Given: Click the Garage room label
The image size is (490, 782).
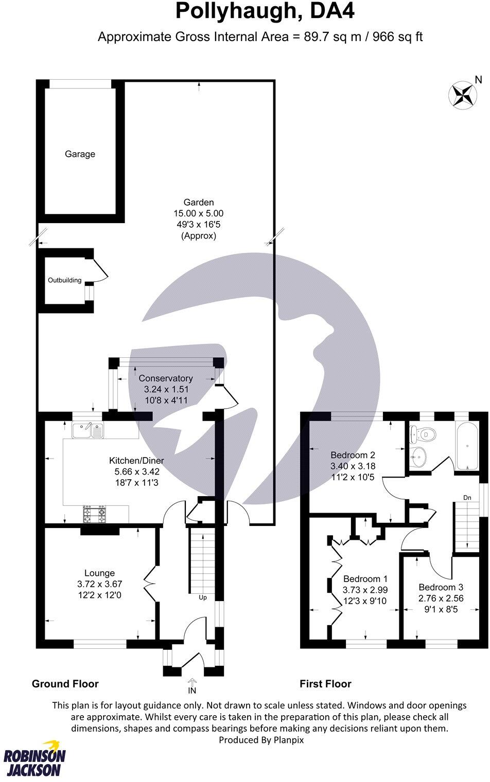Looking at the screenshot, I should [x=80, y=154].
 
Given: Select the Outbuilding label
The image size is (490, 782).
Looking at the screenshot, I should [x=64, y=280].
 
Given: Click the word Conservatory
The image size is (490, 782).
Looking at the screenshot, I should [x=166, y=378].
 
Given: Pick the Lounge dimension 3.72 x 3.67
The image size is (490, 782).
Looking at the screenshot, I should [x=100, y=584].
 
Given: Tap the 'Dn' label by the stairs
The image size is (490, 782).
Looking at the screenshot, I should [x=467, y=498].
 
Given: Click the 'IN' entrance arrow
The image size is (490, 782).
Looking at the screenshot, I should [x=192, y=684].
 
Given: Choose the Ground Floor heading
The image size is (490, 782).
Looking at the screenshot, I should [x=65, y=684].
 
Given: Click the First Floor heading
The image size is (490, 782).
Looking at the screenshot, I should [x=325, y=684].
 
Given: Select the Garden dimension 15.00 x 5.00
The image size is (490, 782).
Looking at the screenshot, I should [x=199, y=213].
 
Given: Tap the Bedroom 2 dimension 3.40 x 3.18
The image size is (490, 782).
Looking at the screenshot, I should [x=353, y=466].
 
